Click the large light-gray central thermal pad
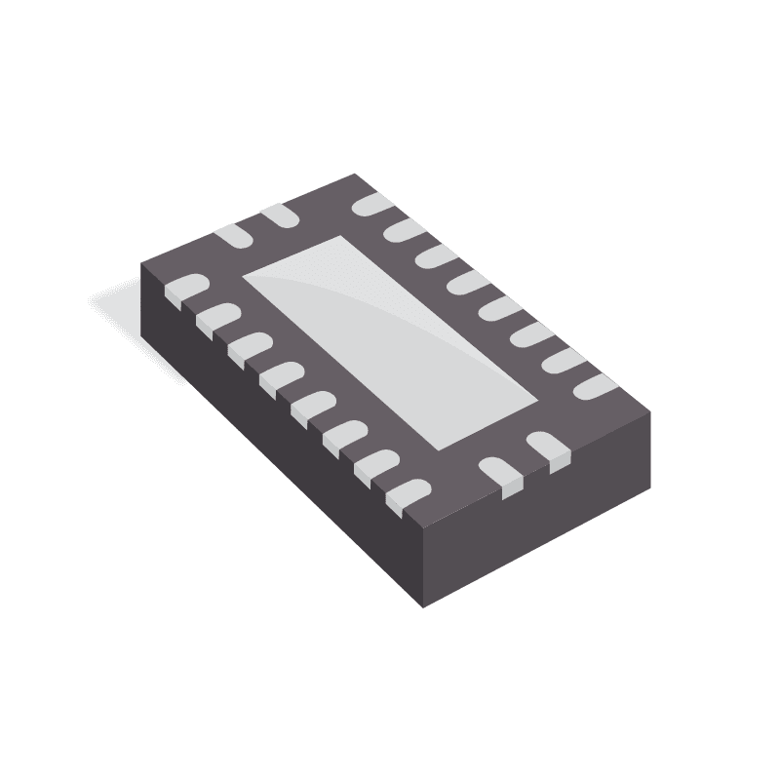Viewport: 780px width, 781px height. point(390,341)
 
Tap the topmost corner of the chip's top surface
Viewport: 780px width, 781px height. point(353,175)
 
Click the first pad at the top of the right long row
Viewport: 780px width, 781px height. point(371,204)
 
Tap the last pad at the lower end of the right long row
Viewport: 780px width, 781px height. point(594,387)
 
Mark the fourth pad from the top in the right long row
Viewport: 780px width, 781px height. point(467,283)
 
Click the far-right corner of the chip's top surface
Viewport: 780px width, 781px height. point(649,411)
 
